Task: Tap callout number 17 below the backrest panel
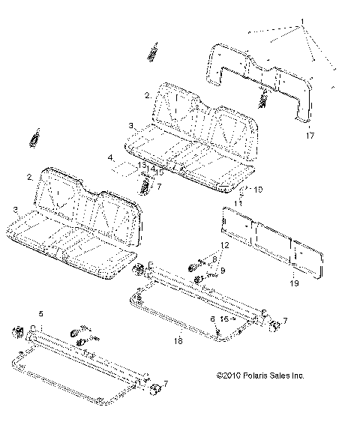308,136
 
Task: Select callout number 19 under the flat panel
294,283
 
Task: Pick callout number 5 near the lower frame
41,313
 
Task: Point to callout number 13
142,165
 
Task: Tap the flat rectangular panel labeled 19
274,242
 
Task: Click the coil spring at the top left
154,53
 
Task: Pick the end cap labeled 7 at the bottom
156,391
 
